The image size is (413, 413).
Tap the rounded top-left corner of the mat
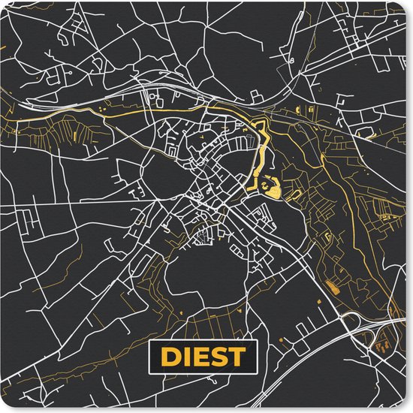tap(6, 6)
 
